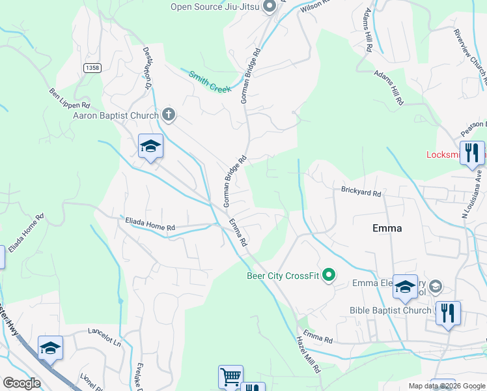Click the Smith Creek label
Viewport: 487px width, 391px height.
[x=210, y=81]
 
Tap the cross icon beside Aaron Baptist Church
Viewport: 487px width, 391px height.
[x=169, y=115]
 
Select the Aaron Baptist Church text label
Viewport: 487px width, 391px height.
[x=117, y=115]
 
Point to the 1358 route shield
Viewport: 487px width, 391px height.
[x=92, y=67]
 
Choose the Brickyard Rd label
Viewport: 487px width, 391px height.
[x=361, y=192]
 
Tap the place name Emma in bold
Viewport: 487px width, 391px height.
[x=387, y=228]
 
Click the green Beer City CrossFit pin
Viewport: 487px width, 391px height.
[x=329, y=276]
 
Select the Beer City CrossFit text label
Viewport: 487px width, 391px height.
[x=283, y=276]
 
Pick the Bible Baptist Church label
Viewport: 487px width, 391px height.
[x=390, y=310]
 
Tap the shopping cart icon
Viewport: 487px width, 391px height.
[x=230, y=377]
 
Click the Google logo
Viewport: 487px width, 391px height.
[x=21, y=383]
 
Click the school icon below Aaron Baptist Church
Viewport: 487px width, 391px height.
[x=150, y=146]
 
